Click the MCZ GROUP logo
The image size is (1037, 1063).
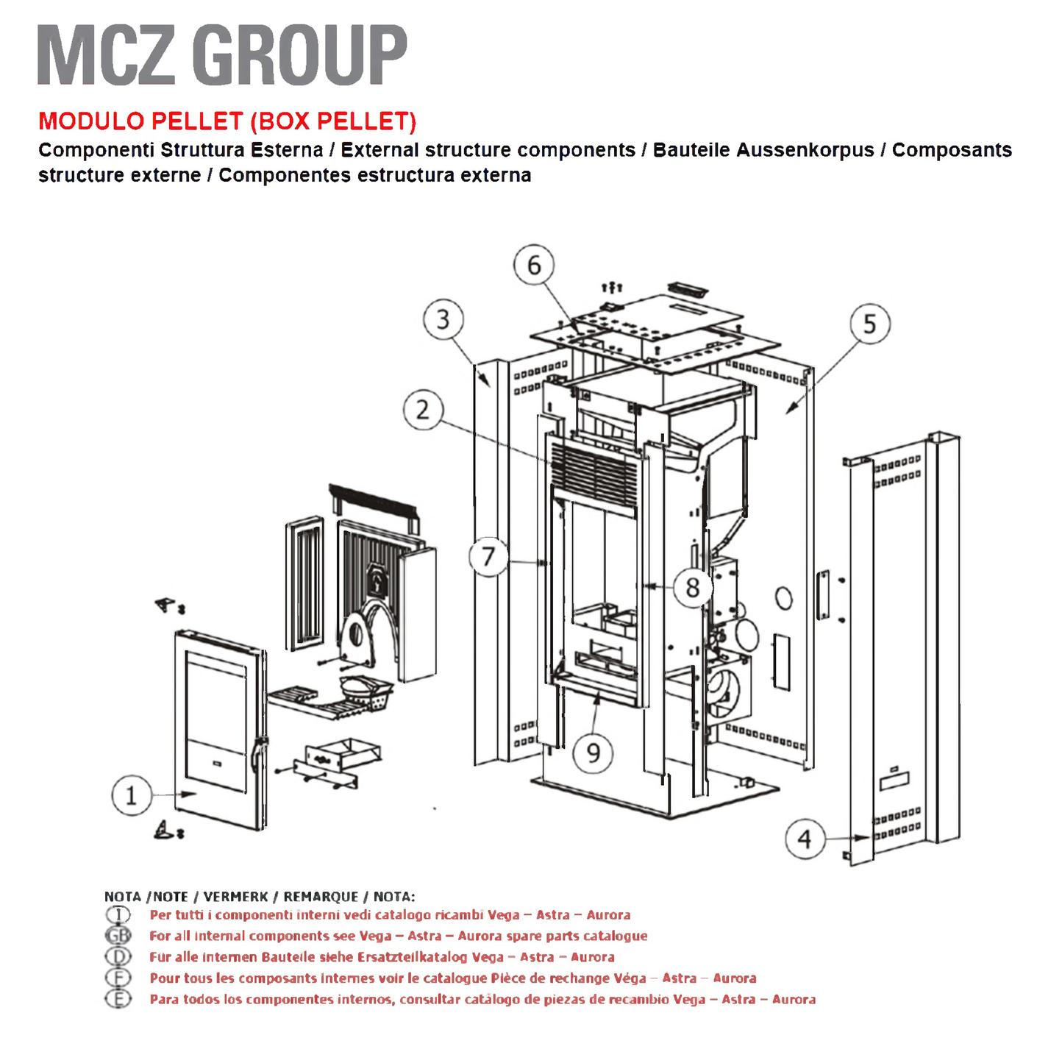(x=222, y=55)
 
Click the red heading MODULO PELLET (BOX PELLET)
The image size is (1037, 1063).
(x=227, y=121)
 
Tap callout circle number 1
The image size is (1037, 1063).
(x=132, y=794)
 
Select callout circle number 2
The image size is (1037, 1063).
(x=423, y=410)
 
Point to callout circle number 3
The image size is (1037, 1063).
(x=443, y=319)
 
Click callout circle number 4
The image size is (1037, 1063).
(x=805, y=839)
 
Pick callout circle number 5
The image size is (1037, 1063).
(x=870, y=324)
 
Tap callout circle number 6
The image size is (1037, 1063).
(x=533, y=266)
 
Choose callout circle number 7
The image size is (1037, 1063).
(x=489, y=557)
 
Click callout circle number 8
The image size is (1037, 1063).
(x=692, y=588)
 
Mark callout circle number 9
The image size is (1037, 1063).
(x=593, y=753)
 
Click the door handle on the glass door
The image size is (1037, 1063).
(x=257, y=753)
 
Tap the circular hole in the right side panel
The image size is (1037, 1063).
(x=783, y=599)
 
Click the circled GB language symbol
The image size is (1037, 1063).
(x=118, y=936)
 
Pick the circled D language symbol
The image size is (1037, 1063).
(x=118, y=956)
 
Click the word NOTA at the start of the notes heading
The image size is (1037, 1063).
(x=123, y=897)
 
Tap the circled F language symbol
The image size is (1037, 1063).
(x=118, y=977)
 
